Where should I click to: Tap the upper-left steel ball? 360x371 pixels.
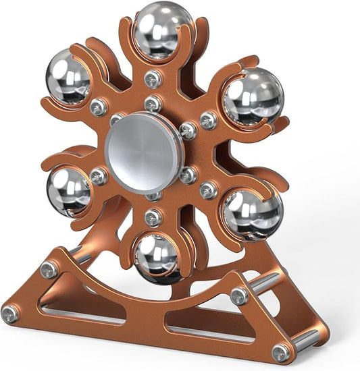(x=68, y=78)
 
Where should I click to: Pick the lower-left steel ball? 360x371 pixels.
(x=69, y=191)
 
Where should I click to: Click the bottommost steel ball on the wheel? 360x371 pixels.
(x=156, y=256)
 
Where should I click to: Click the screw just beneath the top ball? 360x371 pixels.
(x=153, y=78)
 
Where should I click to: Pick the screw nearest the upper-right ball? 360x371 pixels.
(x=208, y=121)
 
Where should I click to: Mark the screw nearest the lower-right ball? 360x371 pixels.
(x=208, y=191)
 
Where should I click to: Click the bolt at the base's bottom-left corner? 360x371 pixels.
(x=10, y=314)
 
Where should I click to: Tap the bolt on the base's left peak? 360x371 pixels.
(x=49, y=270)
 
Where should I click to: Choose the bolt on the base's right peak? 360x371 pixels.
(x=239, y=295)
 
